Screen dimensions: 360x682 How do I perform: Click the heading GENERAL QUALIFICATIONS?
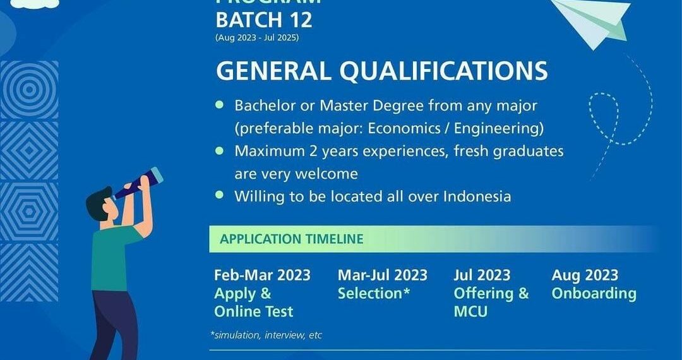pos(381,71)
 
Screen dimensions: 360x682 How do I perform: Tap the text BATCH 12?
pos(264,20)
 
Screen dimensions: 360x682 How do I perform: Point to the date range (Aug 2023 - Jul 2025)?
pos(257,38)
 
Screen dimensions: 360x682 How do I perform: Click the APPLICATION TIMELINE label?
pos(291,239)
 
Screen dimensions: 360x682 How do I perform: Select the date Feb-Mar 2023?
pos(262,275)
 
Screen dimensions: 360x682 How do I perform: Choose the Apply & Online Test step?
pos(253,303)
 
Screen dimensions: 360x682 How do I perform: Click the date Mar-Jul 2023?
pos(382,275)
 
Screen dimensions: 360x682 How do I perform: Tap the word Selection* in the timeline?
pos(374,294)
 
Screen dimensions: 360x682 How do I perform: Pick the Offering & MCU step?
pos(491,303)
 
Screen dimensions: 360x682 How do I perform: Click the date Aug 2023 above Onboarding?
pos(585,275)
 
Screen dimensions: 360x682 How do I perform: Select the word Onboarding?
pos(594,294)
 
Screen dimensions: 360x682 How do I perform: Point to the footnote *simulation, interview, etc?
pos(266,335)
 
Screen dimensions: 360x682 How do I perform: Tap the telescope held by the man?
pos(138,183)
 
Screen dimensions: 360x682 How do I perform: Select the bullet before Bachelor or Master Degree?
pos(220,104)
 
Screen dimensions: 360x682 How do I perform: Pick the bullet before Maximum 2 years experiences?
pos(220,151)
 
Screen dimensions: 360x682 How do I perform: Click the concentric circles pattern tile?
pos(29,90)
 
